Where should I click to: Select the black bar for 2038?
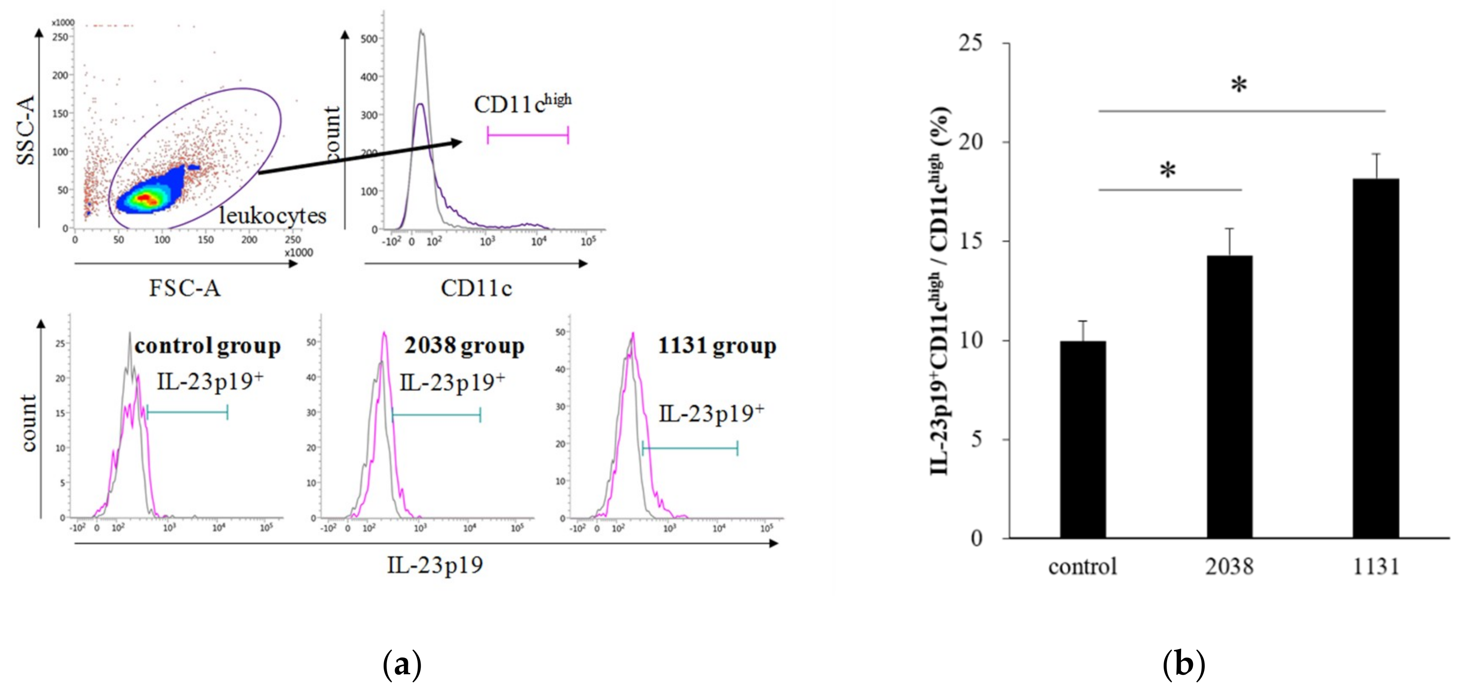tap(1229, 397)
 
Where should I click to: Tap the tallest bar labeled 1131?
tap(1376, 358)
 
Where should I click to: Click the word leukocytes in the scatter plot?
tap(272, 216)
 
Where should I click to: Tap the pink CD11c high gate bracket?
tap(528, 135)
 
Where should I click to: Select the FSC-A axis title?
tap(185, 288)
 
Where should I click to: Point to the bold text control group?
tap(208, 346)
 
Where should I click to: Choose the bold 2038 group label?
tap(464, 346)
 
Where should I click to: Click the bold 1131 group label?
tap(717, 346)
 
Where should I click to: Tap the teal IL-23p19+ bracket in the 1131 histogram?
tap(690, 449)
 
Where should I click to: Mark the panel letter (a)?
tap(402, 664)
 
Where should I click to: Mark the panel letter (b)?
tap(1184, 664)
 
